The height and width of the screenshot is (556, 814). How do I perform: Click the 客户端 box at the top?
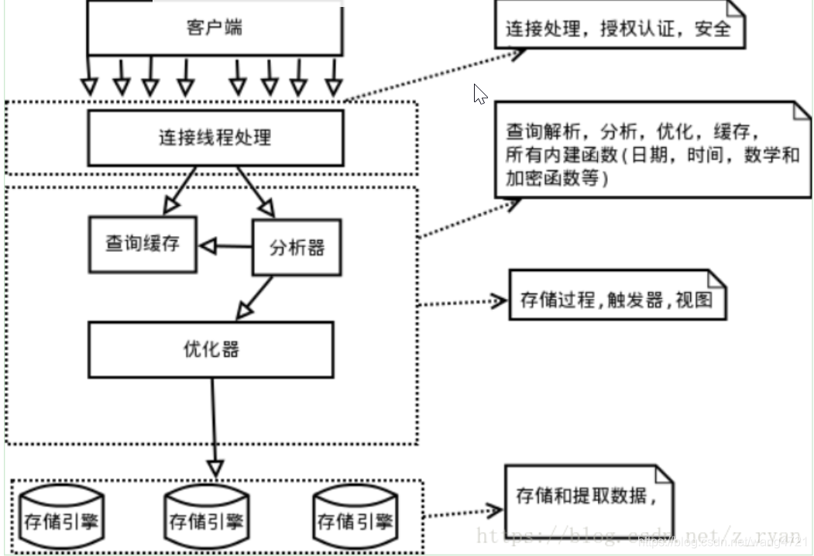215,29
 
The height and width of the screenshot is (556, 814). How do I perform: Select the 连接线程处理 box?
215,139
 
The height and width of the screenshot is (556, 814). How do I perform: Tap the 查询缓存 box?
143,244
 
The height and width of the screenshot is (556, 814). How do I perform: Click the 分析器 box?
297,248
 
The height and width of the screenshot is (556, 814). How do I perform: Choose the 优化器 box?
211,349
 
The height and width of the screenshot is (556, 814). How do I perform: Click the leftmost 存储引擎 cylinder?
60,519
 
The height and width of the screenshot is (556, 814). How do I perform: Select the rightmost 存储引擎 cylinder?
354,519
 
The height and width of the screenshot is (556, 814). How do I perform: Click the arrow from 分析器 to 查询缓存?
225,247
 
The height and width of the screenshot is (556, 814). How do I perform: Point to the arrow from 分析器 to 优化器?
256,298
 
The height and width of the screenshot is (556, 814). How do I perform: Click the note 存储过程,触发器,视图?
617,300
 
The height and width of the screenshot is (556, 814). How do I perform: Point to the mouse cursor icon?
479,94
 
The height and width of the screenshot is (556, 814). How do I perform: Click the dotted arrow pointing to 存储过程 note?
462,303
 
